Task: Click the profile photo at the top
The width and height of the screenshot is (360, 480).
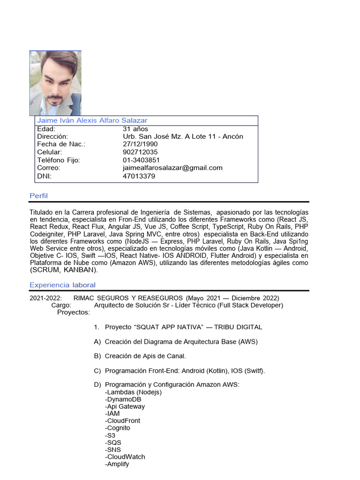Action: pyautogui.click(x=55, y=83)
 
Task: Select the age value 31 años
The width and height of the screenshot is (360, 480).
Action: pyautogui.click(x=135, y=129)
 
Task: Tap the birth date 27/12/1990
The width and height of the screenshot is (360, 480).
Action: pyautogui.click(x=140, y=144)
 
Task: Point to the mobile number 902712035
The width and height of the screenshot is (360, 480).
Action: pyautogui.click(x=140, y=152)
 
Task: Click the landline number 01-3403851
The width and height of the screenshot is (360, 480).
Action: pyautogui.click(x=141, y=160)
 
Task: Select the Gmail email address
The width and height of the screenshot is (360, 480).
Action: pyautogui.click(x=172, y=168)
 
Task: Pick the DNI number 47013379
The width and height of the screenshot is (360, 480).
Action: pyautogui.click(x=139, y=176)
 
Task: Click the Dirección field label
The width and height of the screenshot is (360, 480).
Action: pyautogui.click(x=52, y=136)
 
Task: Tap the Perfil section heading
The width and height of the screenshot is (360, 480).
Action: pyautogui.click(x=38, y=195)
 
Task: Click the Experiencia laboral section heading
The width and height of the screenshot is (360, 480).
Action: pyautogui.click(x=62, y=285)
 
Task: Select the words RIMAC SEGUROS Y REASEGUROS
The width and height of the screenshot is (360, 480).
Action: pyautogui.click(x=128, y=298)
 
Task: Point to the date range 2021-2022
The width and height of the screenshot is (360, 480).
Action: pyautogui.click(x=45, y=298)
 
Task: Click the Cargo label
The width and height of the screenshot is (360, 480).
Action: pyautogui.click(x=61, y=305)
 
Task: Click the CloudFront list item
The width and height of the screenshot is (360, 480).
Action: pyautogui.click(x=122, y=421)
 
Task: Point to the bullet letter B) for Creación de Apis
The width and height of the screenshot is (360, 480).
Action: pyautogui.click(x=97, y=356)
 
